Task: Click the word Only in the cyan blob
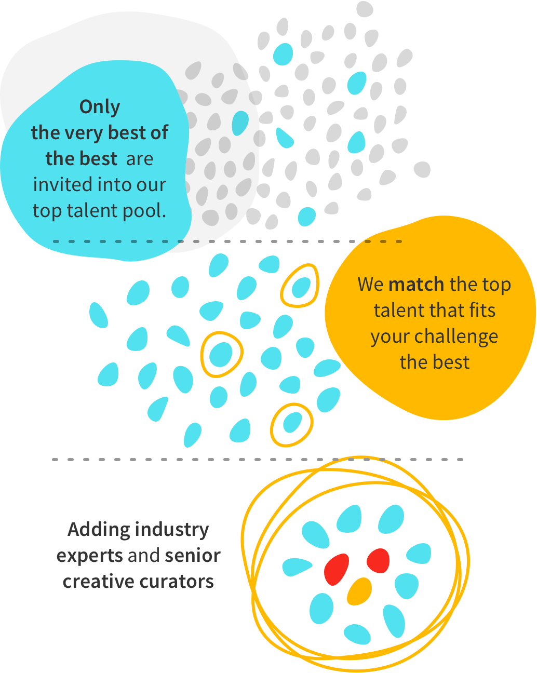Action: tap(100, 107)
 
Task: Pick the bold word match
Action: tap(416, 285)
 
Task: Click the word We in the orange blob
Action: tap(370, 285)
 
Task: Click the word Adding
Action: tap(99, 530)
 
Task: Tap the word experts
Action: tap(89, 556)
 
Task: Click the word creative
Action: tap(95, 582)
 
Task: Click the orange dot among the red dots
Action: tap(359, 591)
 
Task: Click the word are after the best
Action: tap(139, 159)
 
